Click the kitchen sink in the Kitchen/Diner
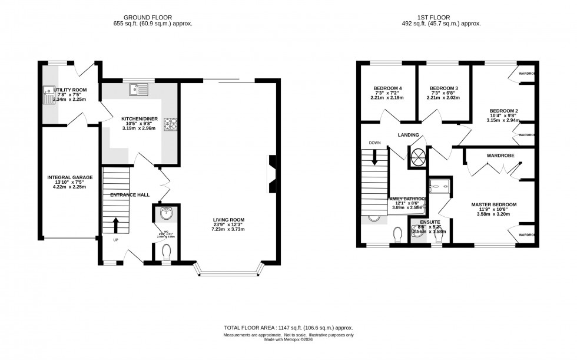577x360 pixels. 139,90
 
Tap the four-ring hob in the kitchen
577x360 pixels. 171,123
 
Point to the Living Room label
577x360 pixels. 228,220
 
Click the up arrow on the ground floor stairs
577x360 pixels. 115,225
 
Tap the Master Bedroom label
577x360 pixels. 494,204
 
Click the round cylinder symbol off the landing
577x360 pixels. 419,156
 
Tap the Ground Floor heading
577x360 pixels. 152,17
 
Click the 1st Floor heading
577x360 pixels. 441,17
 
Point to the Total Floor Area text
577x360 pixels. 288,328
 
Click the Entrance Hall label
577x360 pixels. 130,194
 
